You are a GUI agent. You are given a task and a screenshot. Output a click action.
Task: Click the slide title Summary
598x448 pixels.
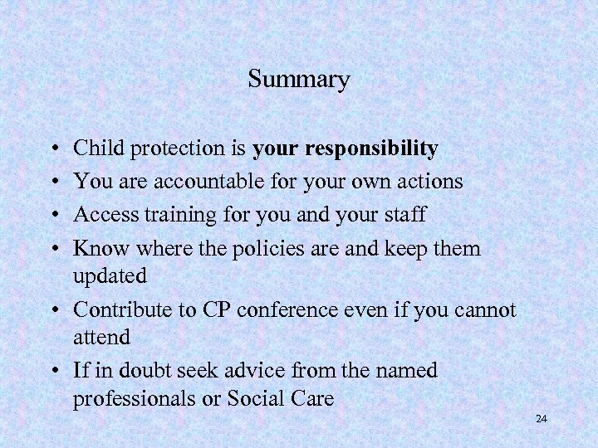point(299,80)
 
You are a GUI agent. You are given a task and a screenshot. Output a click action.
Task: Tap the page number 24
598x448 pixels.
point(542,419)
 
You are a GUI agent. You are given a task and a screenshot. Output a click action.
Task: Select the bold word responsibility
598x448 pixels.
point(372,149)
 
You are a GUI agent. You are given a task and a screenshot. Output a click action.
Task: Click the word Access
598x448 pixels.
point(100,214)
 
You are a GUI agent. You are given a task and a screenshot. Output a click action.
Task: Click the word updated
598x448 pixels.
point(110,275)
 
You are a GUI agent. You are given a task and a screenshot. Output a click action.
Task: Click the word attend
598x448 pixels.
point(100,337)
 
